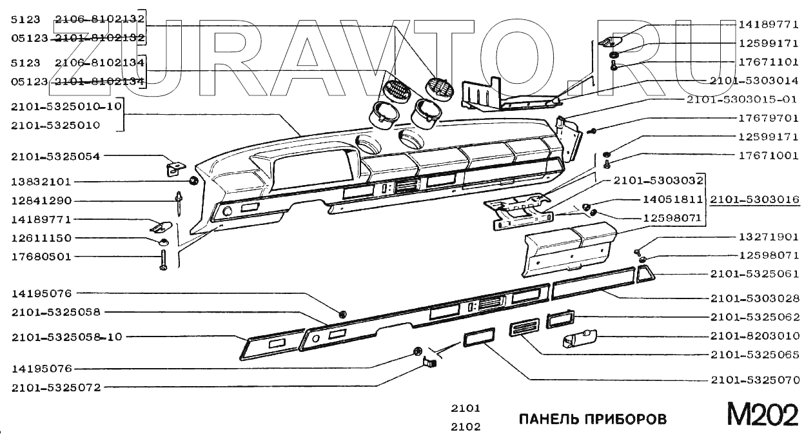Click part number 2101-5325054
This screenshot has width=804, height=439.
(55, 156)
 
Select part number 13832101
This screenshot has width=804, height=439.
(41, 182)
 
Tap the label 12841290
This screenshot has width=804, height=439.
(41, 200)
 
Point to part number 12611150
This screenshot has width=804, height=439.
(41, 238)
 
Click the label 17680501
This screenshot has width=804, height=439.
(41, 257)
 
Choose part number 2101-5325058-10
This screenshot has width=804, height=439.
(67, 337)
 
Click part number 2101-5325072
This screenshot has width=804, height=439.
(55, 387)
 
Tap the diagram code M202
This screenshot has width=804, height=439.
(763, 415)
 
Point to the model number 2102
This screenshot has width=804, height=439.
(466, 426)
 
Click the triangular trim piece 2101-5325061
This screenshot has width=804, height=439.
(645, 275)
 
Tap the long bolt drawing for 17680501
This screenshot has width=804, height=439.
(163, 259)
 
